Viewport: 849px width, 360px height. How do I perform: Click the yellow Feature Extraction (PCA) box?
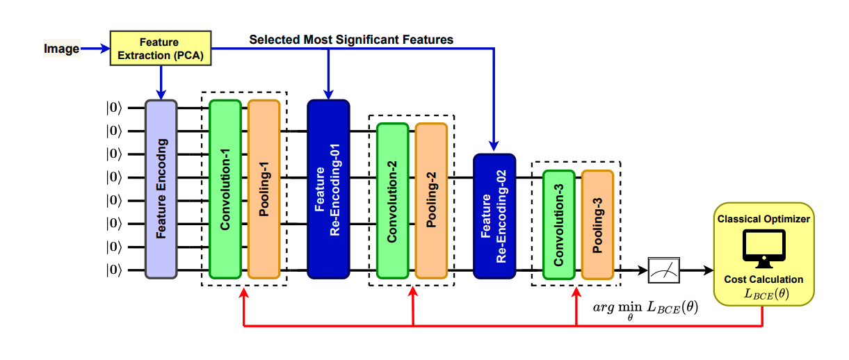click(159, 49)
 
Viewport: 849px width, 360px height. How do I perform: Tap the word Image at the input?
click(61, 49)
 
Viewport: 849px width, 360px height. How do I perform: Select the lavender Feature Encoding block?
click(161, 189)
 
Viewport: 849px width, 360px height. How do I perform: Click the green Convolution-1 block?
click(225, 189)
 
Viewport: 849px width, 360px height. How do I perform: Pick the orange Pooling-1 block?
click(264, 189)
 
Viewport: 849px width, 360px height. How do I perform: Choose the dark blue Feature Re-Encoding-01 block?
click(328, 189)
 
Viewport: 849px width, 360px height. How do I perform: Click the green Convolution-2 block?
click(392, 201)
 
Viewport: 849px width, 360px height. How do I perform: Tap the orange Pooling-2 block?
click(430, 201)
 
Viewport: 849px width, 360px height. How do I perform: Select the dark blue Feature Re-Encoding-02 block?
click(494, 216)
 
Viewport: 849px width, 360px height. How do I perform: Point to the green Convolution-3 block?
click(558, 224)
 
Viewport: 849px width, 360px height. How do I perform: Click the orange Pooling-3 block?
click(597, 224)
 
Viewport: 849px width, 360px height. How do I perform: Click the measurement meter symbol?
click(664, 270)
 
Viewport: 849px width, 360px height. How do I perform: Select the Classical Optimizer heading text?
click(763, 219)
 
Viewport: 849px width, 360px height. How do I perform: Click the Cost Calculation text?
click(763, 279)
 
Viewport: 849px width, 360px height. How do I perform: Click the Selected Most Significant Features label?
click(351, 40)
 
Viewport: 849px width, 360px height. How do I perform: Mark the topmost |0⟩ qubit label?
click(113, 107)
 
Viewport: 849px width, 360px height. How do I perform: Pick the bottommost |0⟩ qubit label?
click(113, 270)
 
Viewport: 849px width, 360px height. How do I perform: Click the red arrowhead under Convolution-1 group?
click(243, 293)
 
